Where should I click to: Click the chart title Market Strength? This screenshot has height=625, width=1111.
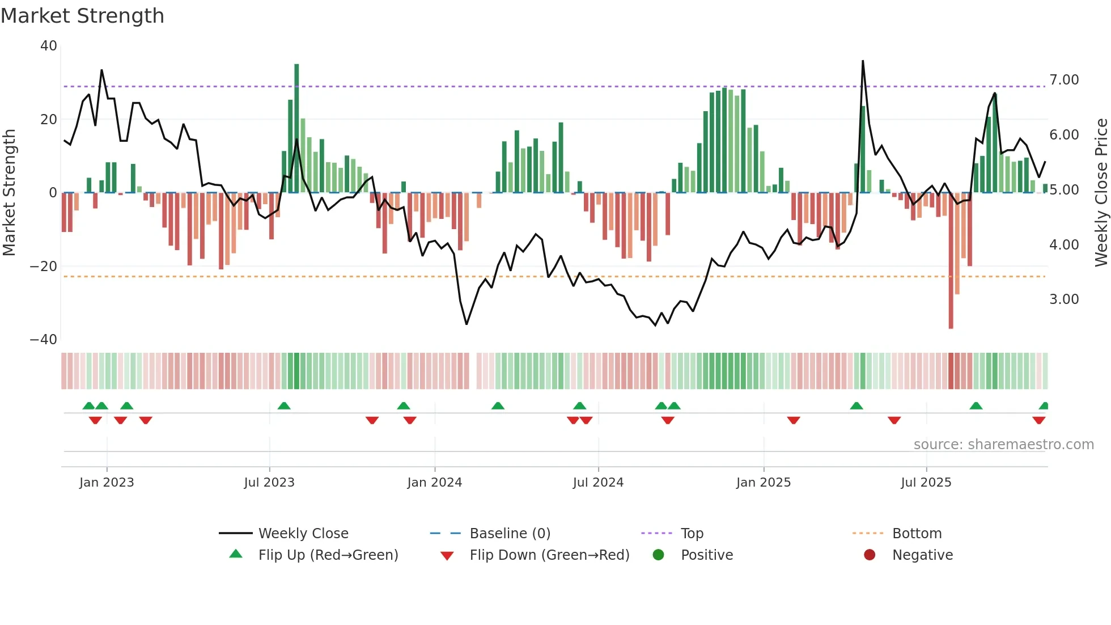(82, 16)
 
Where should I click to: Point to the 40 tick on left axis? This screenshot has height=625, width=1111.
(49, 46)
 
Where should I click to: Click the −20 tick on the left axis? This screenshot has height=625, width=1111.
(44, 267)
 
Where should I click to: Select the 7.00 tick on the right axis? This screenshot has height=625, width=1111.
(1064, 80)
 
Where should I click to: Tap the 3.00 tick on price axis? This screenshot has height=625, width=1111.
(1064, 299)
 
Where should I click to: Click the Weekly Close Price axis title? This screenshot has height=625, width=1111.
(1101, 193)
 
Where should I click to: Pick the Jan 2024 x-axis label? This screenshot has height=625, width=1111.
(434, 483)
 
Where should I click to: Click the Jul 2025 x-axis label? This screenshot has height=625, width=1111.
(926, 483)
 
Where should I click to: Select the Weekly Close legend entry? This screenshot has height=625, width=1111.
(303, 534)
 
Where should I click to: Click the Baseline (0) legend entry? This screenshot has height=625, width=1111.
(510, 534)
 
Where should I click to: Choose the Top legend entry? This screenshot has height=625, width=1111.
(692, 534)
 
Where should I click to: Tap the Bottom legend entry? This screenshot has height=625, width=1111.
(917, 534)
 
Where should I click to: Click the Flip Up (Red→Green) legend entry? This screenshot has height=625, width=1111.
(328, 555)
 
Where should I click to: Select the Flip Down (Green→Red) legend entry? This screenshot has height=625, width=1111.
(549, 555)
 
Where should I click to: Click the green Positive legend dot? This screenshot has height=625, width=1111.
(658, 555)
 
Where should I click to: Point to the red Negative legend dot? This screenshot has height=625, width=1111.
(870, 555)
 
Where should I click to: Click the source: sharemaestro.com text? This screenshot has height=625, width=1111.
(1003, 445)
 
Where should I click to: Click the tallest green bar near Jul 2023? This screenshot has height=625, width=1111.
(296, 128)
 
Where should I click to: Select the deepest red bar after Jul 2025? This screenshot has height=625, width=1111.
(951, 261)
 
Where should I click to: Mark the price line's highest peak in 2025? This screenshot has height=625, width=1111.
(863, 61)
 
